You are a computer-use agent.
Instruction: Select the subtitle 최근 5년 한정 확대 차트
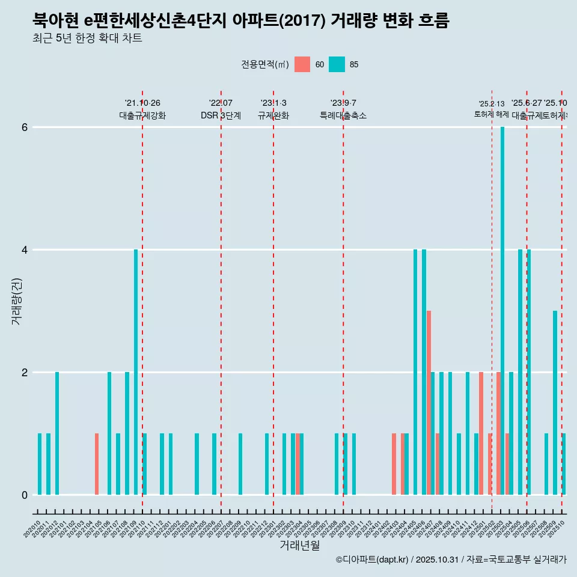[87, 39]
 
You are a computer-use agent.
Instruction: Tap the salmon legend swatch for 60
[302, 64]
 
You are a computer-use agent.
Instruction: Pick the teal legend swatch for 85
[337, 64]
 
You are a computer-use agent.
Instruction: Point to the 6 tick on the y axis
[24, 127]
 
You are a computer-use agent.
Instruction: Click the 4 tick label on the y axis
[24, 250]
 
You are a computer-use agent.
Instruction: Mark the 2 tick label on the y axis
[24, 373]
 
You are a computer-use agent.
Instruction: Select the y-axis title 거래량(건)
[16, 301]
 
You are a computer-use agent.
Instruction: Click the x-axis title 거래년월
[299, 545]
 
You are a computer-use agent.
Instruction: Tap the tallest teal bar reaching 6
[502, 311]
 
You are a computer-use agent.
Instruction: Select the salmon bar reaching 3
[429, 403]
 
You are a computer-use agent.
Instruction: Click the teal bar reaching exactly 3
[555, 403]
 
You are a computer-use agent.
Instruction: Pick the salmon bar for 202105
[97, 464]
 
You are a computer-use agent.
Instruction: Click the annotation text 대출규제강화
[142, 115]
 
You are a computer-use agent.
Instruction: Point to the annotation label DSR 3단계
[221, 115]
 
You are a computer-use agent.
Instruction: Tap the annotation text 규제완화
[273, 115]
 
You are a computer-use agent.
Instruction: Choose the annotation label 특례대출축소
[343, 115]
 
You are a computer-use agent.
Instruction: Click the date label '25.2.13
[492, 104]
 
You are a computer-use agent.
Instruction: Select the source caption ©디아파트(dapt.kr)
[373, 560]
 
